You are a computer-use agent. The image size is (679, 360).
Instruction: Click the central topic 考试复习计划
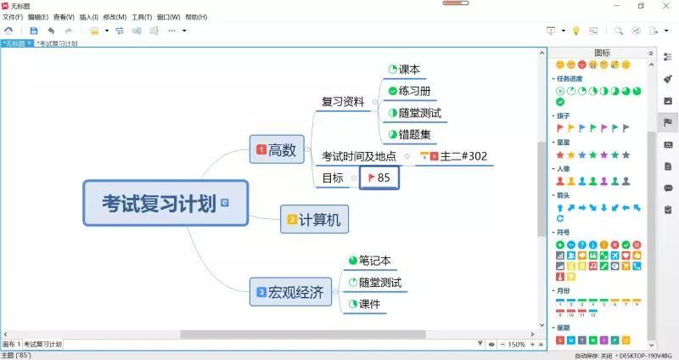(x=159, y=204)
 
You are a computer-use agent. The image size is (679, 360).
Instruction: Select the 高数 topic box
(x=277, y=150)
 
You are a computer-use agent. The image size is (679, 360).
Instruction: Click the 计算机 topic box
(x=315, y=220)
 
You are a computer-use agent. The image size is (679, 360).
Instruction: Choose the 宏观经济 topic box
(x=289, y=294)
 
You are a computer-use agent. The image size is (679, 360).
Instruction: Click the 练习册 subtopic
(x=414, y=91)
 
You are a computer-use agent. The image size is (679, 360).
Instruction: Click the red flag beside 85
(x=370, y=177)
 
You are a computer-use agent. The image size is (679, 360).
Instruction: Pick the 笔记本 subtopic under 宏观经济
(x=374, y=261)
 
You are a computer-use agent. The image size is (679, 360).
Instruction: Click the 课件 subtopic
(x=369, y=304)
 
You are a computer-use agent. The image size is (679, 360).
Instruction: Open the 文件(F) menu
(x=13, y=17)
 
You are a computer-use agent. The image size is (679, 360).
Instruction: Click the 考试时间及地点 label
(x=359, y=156)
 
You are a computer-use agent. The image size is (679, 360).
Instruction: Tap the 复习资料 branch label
(x=343, y=102)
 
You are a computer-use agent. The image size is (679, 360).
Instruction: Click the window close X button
(x=664, y=5)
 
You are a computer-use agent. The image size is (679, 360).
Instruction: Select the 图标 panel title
(x=602, y=53)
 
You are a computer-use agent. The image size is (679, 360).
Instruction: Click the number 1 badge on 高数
(x=261, y=150)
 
